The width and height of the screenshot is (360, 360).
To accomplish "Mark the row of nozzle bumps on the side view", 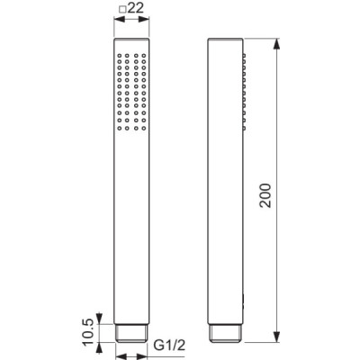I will tap(243, 91).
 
